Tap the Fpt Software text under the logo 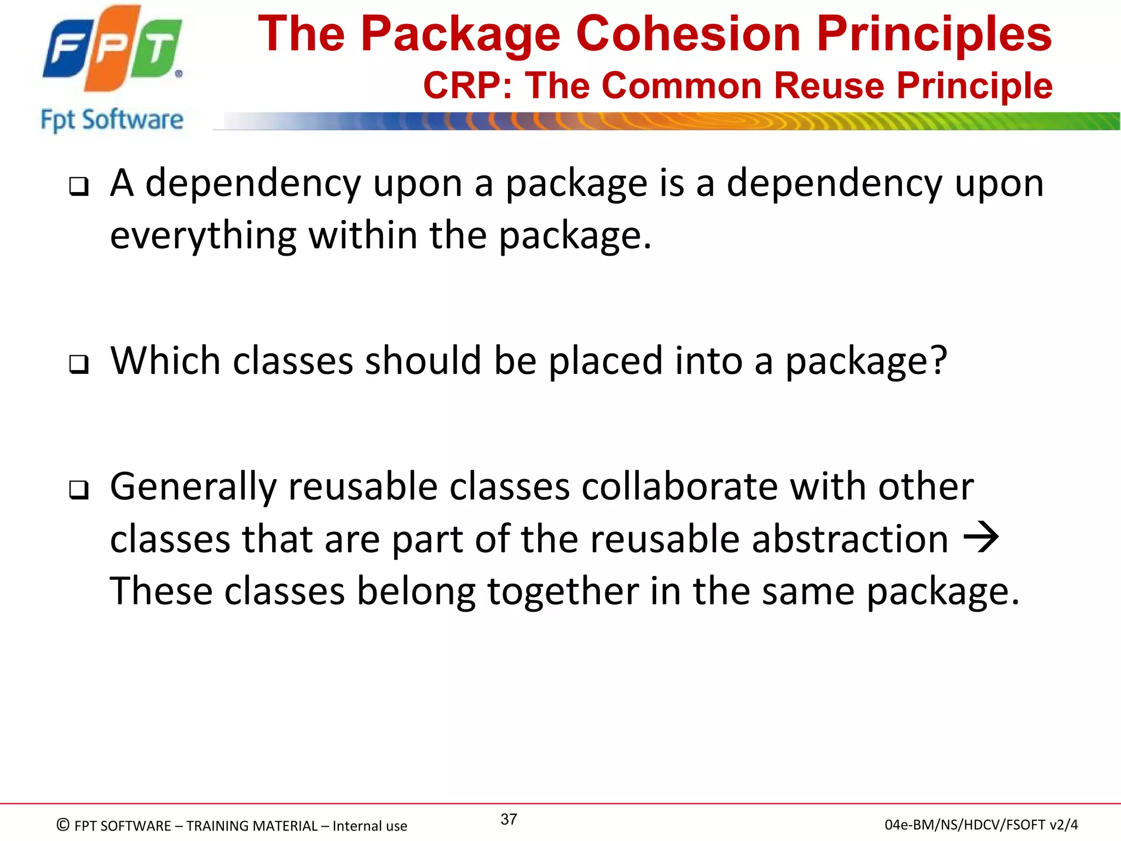pos(112,120)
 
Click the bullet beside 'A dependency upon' pos(79,187)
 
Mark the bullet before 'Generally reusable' pos(79,489)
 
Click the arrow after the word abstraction pos(981,538)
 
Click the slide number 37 pos(509,819)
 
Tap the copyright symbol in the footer pos(63,825)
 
